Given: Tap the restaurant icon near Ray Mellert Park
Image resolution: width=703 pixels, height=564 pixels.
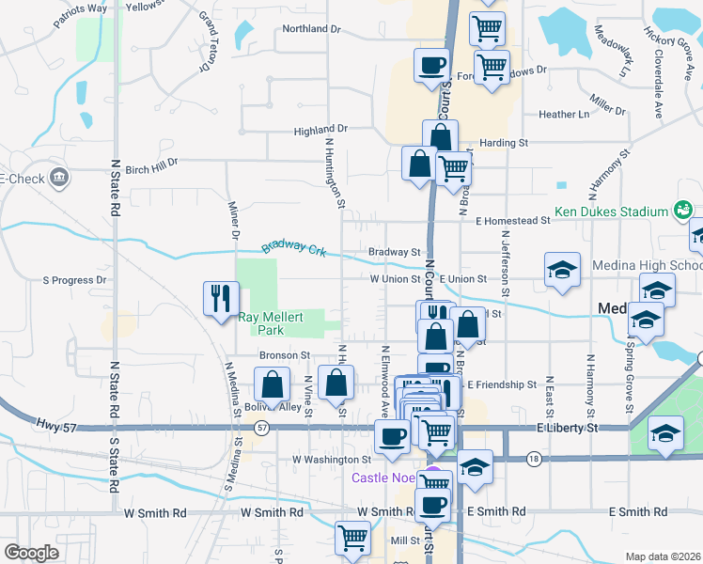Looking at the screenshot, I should [221, 299].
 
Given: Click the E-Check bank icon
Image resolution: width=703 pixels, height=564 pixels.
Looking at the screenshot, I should [58, 177].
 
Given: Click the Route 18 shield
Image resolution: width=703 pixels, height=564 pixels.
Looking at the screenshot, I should [534, 459].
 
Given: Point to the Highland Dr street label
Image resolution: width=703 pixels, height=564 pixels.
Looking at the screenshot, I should [320, 130].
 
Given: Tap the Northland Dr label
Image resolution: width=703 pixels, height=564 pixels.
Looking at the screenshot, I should [311, 29].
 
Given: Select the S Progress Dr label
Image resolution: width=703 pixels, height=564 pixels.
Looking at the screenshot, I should [75, 280].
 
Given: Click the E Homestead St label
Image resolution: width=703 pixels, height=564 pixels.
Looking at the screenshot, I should [512, 221].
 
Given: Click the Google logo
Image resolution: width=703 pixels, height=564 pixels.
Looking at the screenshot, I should [31, 553].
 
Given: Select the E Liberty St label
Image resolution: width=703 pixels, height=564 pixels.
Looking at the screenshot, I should [568, 428].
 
